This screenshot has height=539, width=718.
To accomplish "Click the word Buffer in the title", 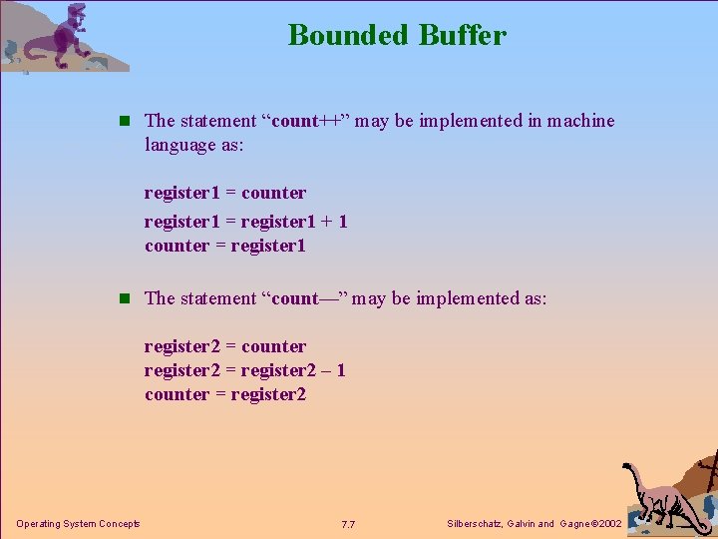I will tap(463, 36).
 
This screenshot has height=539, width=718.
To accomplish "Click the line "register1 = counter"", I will tap(225, 193).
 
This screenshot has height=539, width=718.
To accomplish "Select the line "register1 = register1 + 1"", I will tap(245, 221).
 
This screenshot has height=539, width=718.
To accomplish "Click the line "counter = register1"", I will tap(225, 246).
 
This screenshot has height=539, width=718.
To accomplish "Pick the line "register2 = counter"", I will tap(225, 346).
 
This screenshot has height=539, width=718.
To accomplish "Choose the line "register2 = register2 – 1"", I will tap(245, 370).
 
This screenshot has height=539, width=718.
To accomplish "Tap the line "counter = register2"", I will tap(225, 394).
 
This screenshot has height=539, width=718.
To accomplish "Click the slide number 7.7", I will tap(348, 524).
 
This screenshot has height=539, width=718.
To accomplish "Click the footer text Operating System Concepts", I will tap(78, 524).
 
